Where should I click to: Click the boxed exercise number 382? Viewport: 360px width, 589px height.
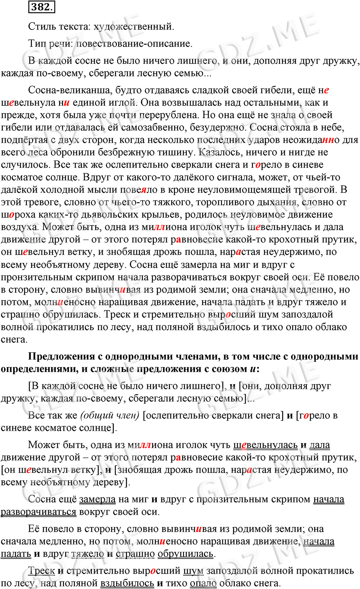[41, 7]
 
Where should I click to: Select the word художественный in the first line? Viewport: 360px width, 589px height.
[133, 27]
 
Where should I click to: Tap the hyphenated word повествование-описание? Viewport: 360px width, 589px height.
[134, 44]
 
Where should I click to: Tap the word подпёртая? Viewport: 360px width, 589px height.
[24, 140]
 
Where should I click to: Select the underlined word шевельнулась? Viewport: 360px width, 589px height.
[265, 445]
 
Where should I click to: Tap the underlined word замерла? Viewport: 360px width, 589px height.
[97, 499]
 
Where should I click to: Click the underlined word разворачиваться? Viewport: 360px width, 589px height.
[38, 512]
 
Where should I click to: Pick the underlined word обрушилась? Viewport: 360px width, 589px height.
[185, 554]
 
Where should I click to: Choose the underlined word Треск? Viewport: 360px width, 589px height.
[41, 571]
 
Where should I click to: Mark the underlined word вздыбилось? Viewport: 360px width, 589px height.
[127, 583]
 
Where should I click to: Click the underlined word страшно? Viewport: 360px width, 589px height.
[135, 554]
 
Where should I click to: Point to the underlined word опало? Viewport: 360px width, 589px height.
[203, 583]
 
